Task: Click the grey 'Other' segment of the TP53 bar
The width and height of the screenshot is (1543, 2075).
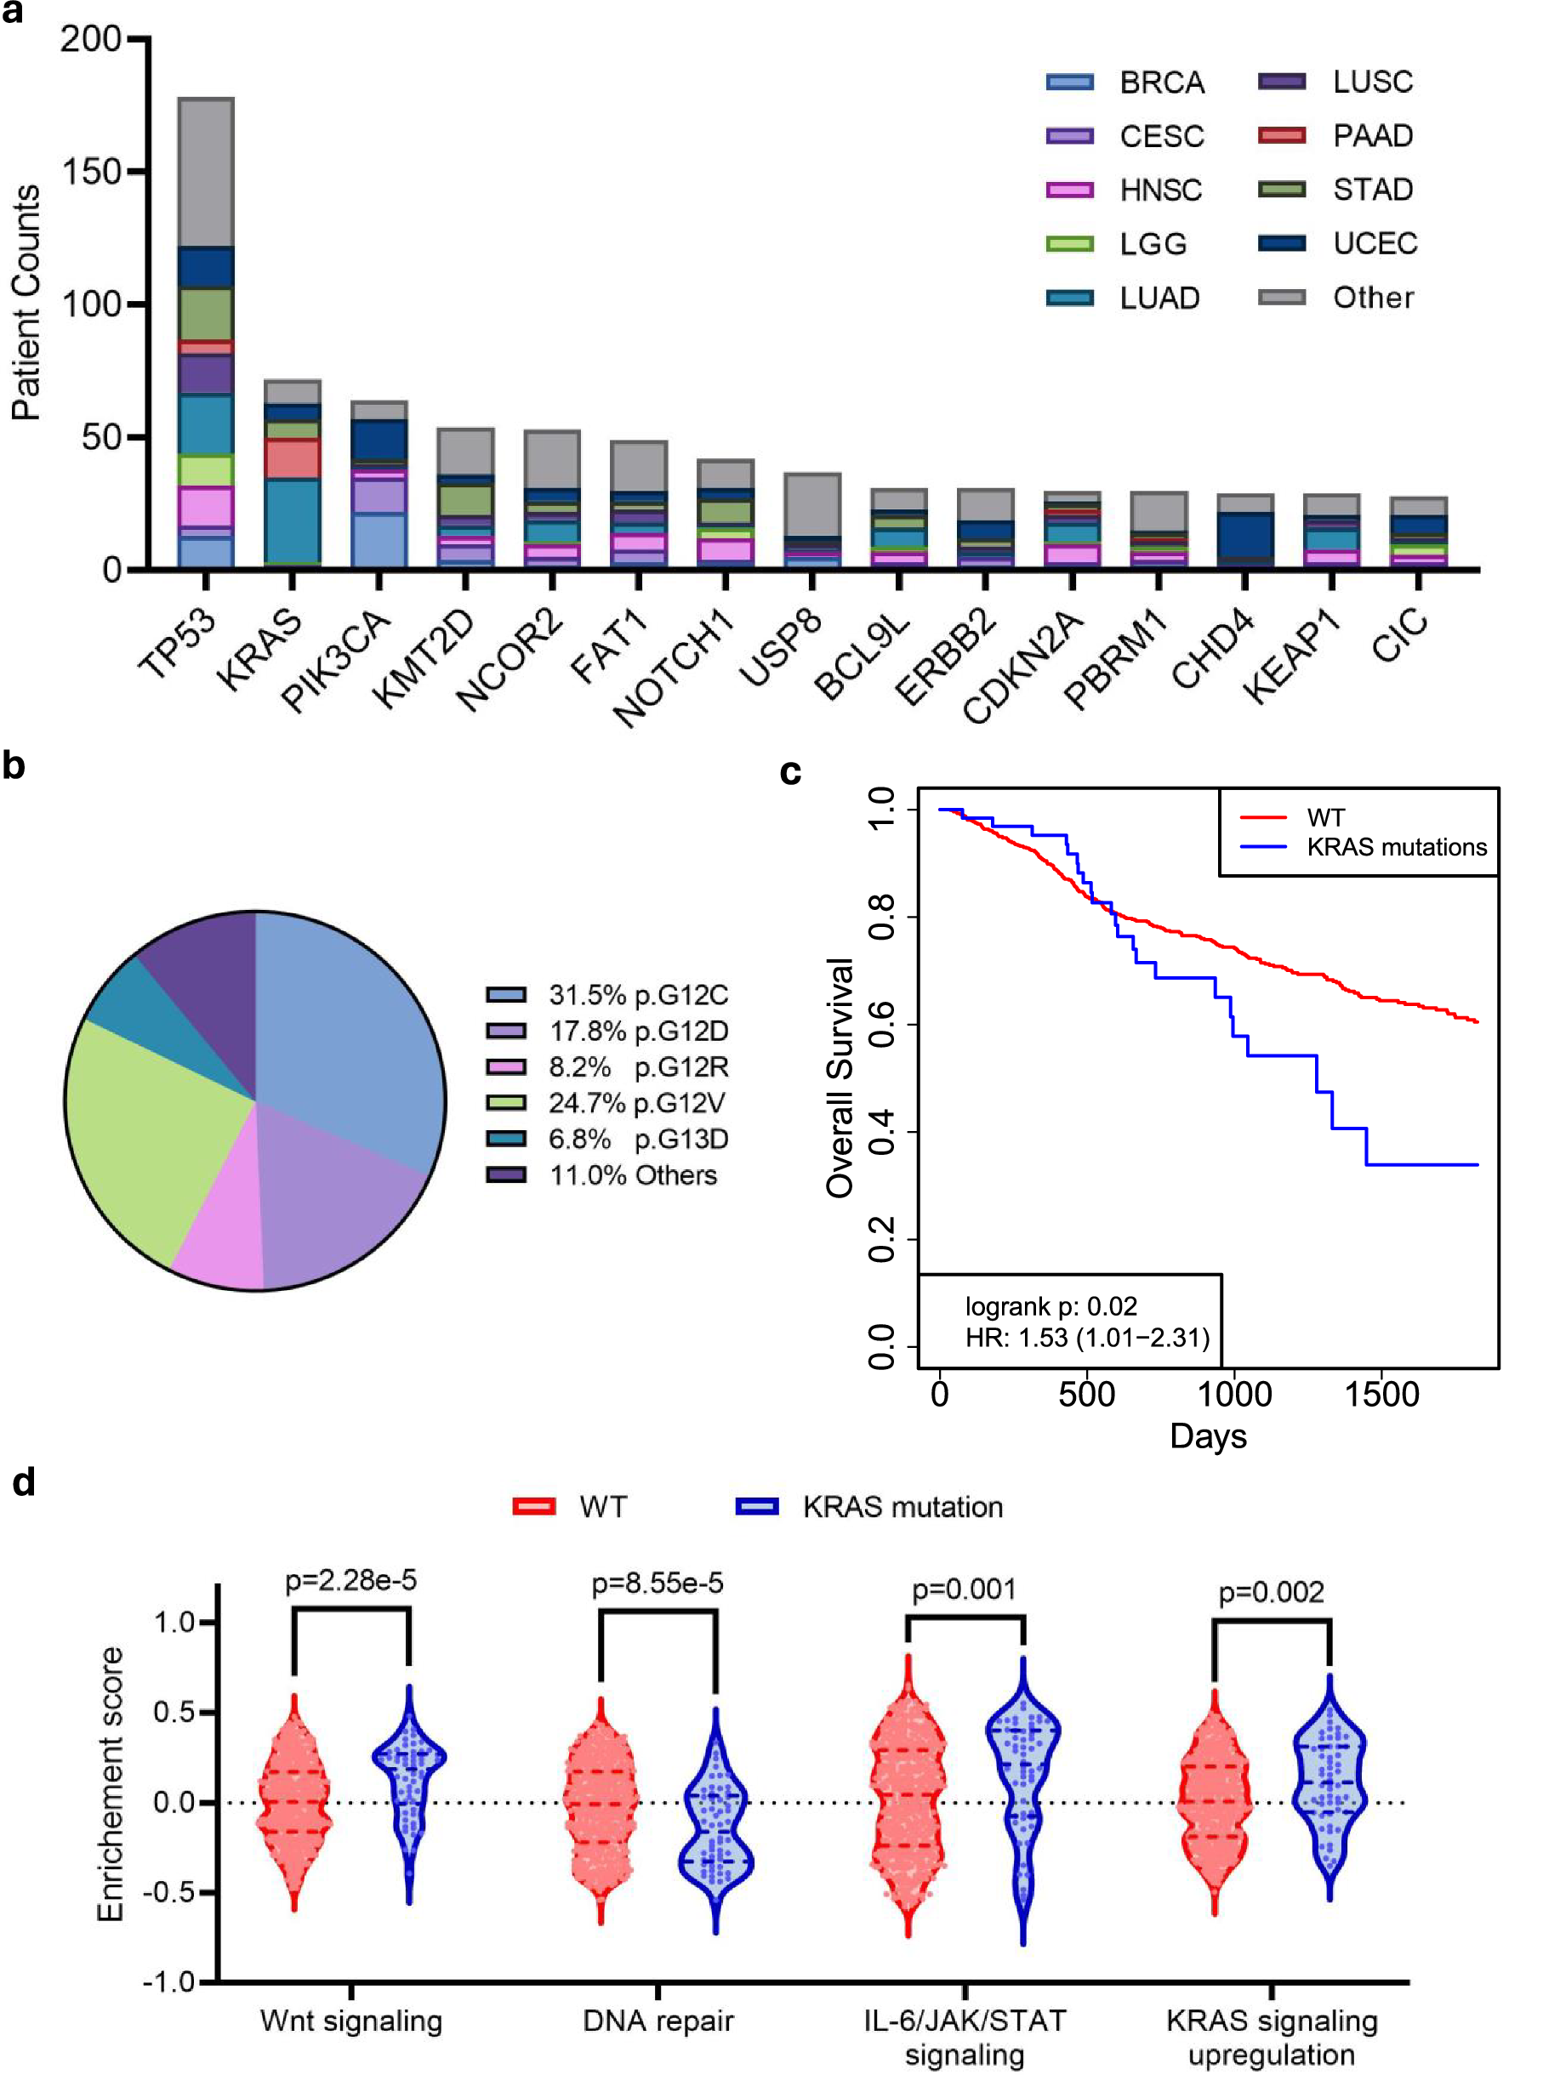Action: click(x=206, y=172)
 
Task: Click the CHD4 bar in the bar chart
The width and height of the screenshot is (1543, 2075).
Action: click(x=1245, y=532)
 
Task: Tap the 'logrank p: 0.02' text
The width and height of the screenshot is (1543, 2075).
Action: click(x=1050, y=1306)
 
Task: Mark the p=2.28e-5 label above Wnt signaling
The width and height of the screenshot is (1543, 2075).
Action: click(x=350, y=1580)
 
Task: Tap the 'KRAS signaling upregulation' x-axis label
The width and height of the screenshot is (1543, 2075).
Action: click(x=1271, y=2037)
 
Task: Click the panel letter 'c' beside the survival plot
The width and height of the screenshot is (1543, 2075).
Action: click(x=790, y=772)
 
